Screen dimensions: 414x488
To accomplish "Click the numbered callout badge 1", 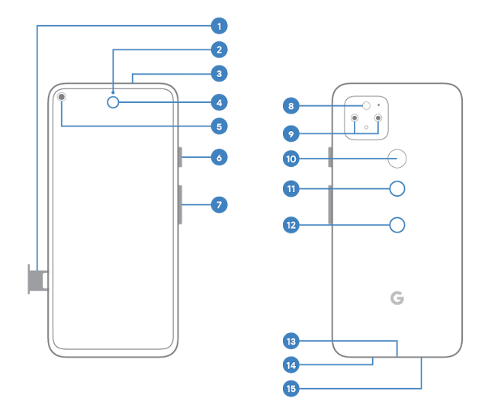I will (219, 27).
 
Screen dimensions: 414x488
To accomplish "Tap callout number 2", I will (219, 50).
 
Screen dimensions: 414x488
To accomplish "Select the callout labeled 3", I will (219, 74).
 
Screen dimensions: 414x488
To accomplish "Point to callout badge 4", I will (219, 102).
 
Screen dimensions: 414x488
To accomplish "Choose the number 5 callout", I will (219, 127).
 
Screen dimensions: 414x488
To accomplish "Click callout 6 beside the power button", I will (219, 158).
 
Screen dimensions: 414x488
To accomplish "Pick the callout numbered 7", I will (219, 204).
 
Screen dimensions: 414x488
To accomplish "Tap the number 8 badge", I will (291, 105).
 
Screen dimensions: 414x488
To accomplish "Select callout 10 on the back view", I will (291, 159).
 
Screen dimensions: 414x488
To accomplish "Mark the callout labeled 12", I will (291, 225).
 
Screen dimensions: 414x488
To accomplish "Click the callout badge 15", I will (291, 389).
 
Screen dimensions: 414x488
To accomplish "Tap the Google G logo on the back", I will (397, 298).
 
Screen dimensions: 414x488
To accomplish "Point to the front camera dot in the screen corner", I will (61, 98).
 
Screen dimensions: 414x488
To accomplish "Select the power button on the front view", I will (181, 157).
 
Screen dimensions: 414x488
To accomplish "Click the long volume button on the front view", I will (181, 204).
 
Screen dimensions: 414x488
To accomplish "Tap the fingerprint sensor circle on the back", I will (397, 159).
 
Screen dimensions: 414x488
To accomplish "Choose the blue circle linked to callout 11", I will (397, 188).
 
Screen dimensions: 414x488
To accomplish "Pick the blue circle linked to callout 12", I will (397, 225).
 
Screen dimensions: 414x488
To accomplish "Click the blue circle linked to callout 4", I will (114, 102).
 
